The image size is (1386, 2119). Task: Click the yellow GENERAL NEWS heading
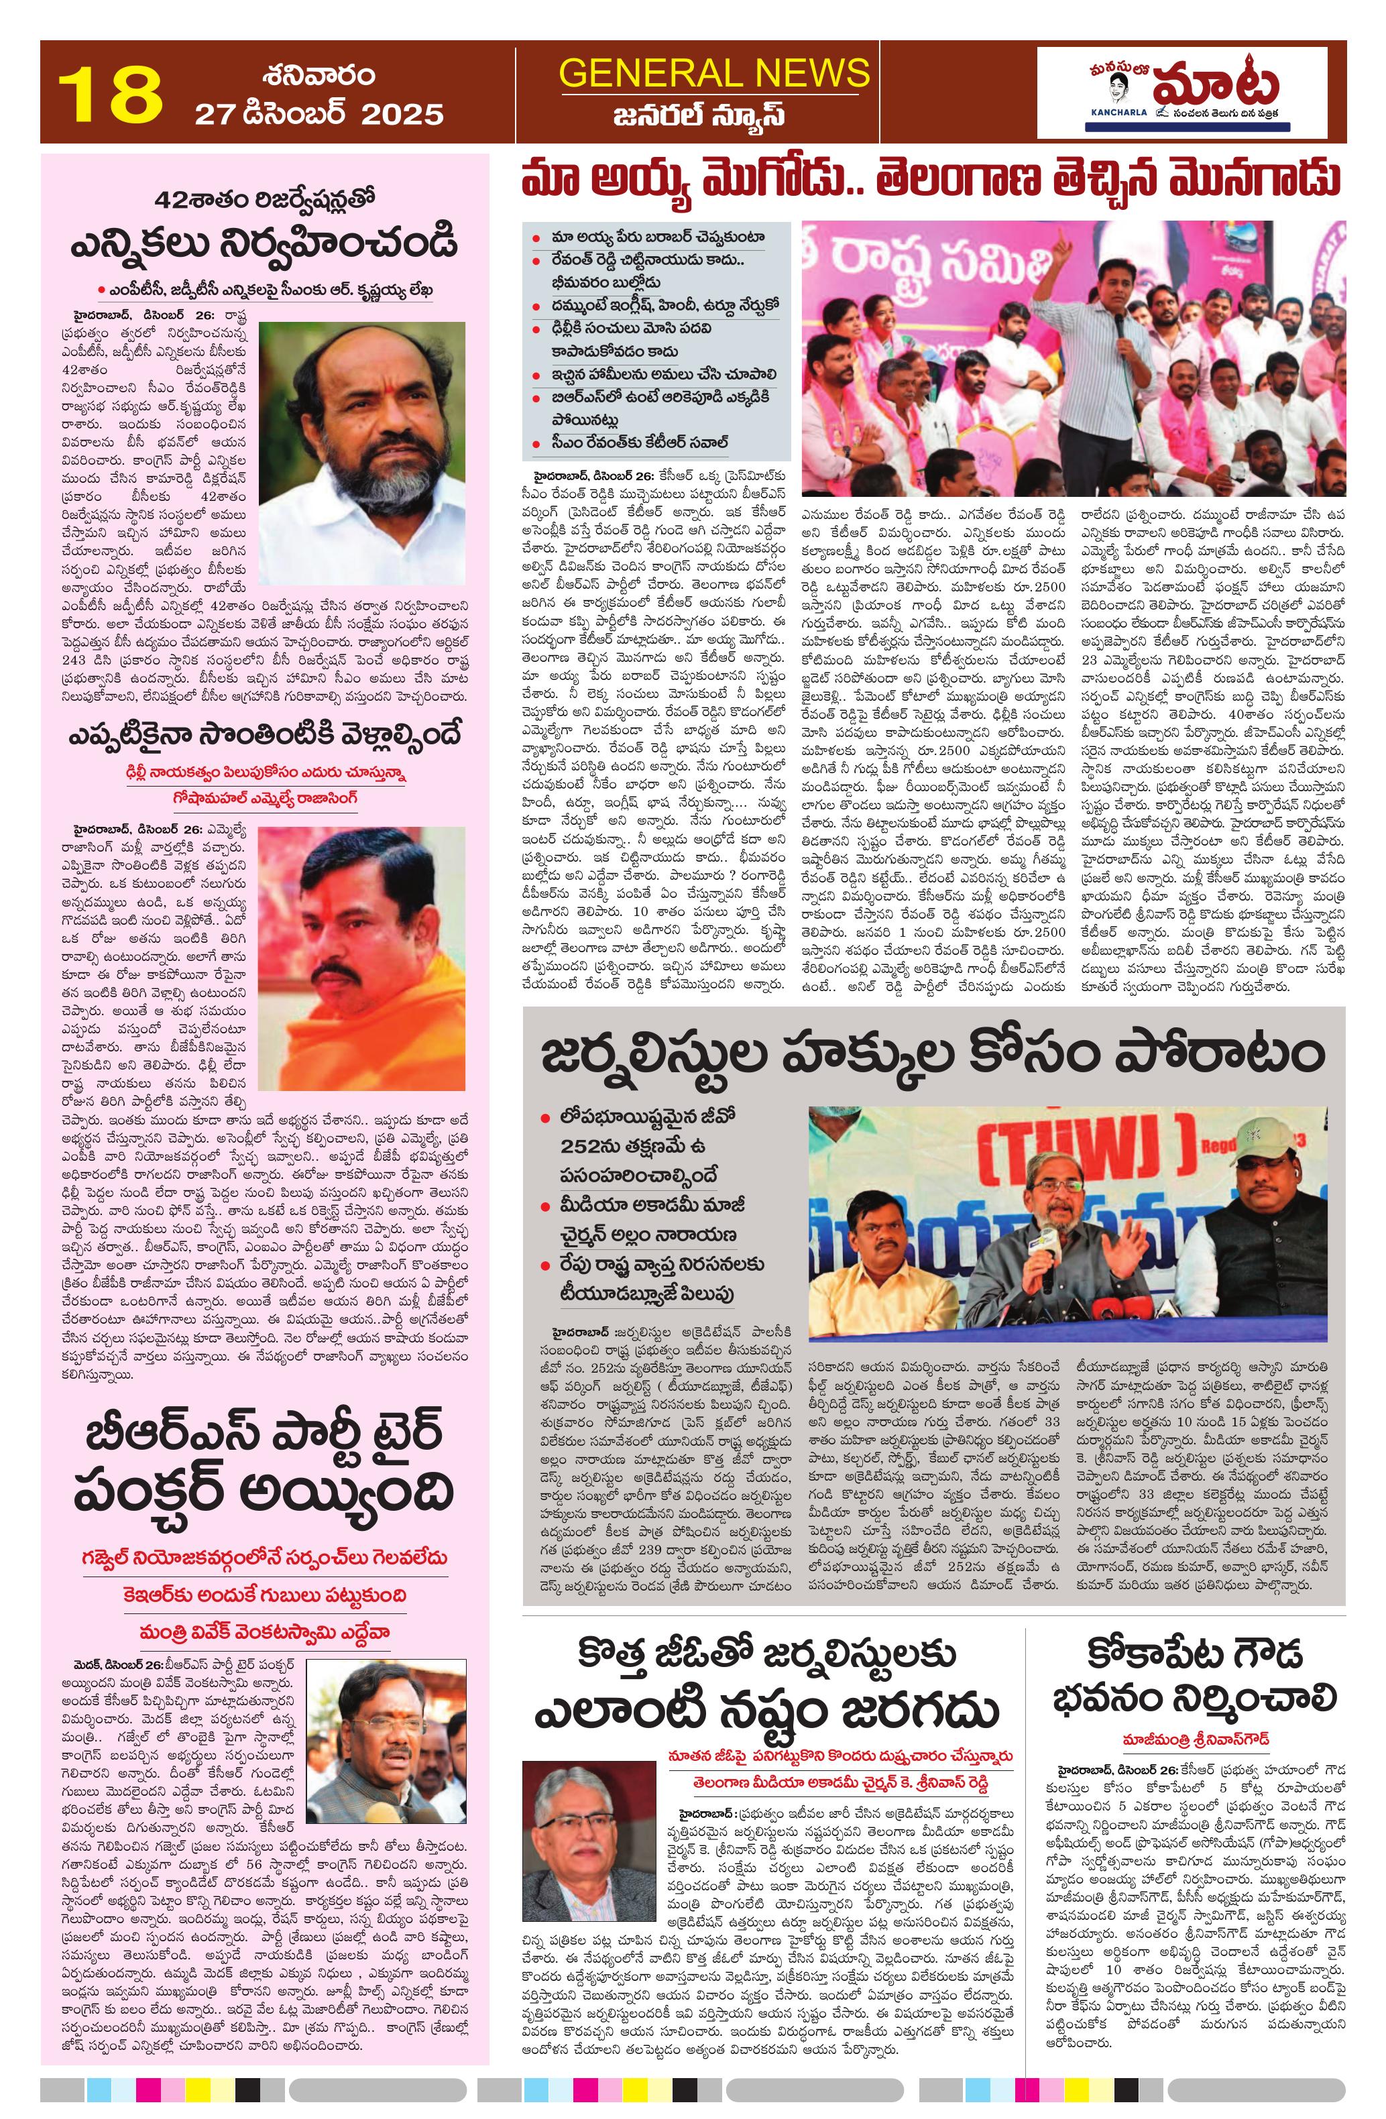coord(714,72)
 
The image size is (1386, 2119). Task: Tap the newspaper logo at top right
coord(1181,93)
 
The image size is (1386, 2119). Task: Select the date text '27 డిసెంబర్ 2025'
coord(319,114)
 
